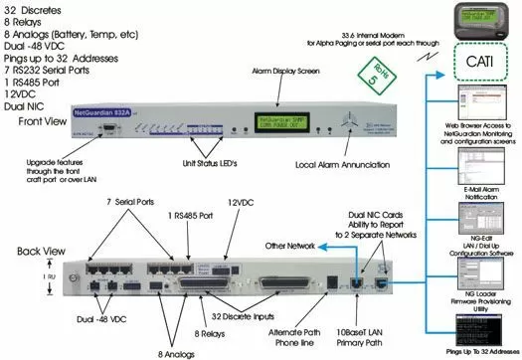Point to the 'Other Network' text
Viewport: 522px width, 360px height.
(296, 244)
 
